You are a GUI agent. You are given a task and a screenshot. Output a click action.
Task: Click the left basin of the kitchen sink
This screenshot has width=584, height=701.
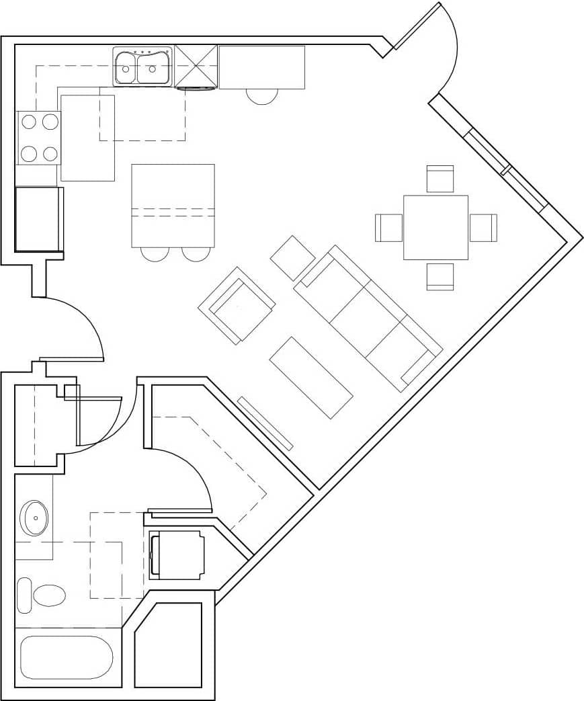tap(126, 68)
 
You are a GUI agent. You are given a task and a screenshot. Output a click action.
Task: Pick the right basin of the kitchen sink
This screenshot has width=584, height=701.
tap(154, 68)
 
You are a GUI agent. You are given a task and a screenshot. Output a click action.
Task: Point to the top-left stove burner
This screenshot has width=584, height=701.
tap(28, 122)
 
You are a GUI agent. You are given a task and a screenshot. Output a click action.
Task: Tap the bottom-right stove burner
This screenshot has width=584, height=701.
tap(50, 154)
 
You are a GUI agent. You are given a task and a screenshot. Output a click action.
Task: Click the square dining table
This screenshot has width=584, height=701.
tap(435, 227)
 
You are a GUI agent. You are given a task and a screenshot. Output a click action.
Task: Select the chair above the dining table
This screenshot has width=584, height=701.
tap(440, 179)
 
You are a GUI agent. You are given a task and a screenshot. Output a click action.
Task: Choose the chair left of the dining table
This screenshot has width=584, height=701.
tap(388, 227)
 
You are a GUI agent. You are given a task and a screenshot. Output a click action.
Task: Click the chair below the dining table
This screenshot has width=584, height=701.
tap(440, 276)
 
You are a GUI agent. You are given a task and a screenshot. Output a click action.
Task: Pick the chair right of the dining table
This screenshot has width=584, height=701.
tap(483, 227)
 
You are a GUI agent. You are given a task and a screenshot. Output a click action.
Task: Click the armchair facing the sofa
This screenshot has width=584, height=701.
tap(237, 306)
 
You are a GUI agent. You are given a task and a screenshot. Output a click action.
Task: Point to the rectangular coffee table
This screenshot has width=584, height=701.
tap(311, 377)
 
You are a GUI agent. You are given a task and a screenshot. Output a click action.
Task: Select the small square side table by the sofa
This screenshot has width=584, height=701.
tap(292, 258)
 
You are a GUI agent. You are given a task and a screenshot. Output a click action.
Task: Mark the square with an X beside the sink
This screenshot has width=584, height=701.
tap(196, 66)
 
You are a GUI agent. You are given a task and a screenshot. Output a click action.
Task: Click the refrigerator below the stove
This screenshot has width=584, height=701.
tap(38, 219)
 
